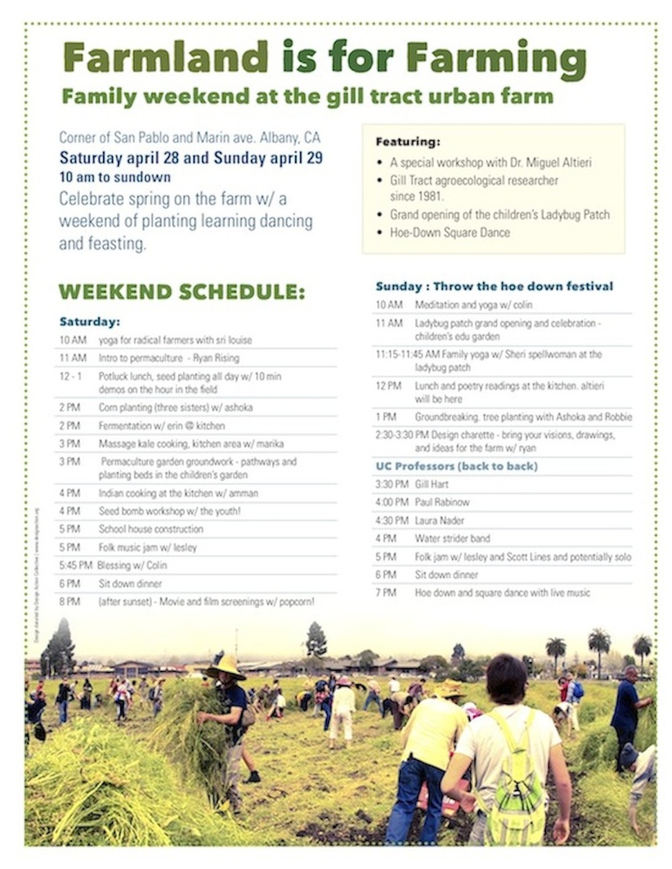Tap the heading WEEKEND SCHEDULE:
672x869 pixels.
(x=181, y=292)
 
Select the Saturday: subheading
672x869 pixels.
(x=89, y=322)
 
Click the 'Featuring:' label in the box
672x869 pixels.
(x=408, y=142)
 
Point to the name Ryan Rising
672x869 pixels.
(x=216, y=358)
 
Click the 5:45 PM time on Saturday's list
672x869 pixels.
(x=75, y=565)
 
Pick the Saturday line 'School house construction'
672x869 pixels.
(x=151, y=529)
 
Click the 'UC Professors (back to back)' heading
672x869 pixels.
(x=456, y=466)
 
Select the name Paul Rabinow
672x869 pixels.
(x=442, y=502)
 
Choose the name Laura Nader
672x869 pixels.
(x=439, y=520)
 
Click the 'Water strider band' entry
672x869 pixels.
(x=452, y=539)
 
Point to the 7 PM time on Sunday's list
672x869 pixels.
(x=386, y=593)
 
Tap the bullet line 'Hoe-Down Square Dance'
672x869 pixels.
(x=450, y=233)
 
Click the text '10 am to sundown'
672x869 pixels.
(x=115, y=178)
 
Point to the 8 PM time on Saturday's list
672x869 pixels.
(x=70, y=602)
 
